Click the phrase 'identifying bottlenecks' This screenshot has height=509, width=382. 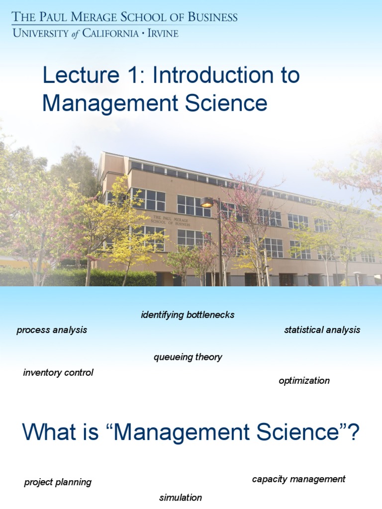click(x=188, y=315)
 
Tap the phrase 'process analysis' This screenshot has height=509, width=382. click(x=52, y=330)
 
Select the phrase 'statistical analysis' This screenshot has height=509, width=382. click(x=322, y=330)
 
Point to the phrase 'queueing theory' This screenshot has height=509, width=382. click(x=188, y=357)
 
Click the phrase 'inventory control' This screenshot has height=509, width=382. click(x=58, y=373)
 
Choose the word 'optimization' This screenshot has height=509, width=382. click(x=304, y=381)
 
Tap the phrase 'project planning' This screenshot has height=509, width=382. click(x=58, y=482)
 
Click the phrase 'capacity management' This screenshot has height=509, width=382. click(x=298, y=479)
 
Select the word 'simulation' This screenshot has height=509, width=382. click(x=181, y=498)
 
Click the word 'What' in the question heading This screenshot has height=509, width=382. click(x=51, y=432)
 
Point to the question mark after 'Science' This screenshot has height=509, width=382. click(x=353, y=432)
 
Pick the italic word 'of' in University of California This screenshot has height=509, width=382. click(x=75, y=33)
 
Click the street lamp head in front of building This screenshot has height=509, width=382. click(x=207, y=202)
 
